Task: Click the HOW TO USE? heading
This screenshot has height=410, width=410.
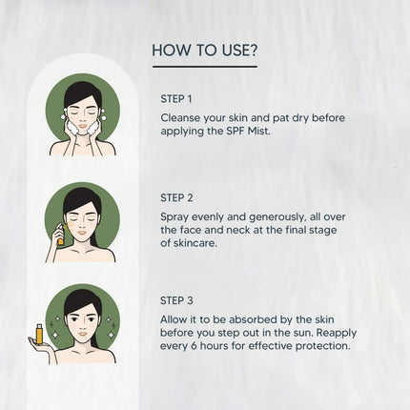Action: (x=205, y=51)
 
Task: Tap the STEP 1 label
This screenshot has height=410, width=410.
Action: (x=176, y=99)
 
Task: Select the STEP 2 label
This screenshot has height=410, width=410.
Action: (x=176, y=197)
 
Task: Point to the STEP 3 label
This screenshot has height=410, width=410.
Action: (x=176, y=300)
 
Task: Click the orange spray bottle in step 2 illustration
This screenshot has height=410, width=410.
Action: (x=60, y=234)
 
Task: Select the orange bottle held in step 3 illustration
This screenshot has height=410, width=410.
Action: (x=39, y=334)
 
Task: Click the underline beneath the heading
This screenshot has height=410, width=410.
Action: (x=205, y=67)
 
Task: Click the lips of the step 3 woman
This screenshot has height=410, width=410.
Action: (x=83, y=334)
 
